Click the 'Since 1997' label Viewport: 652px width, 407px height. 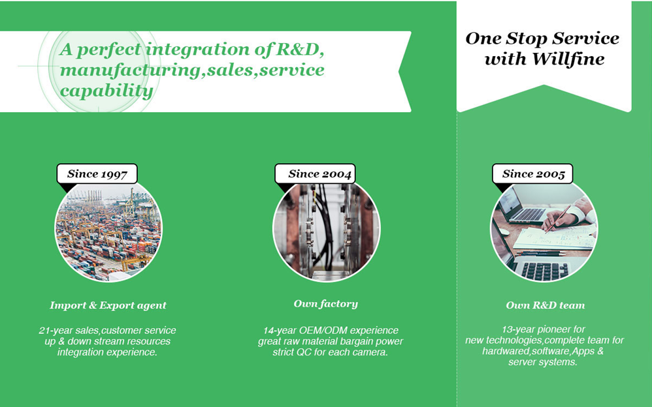(97, 173)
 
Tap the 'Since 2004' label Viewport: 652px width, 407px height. (315, 173)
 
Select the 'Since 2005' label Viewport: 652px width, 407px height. (532, 173)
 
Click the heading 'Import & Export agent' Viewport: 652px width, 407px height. (108, 305)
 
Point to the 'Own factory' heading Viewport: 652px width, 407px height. (325, 304)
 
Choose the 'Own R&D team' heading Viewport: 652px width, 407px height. (545, 305)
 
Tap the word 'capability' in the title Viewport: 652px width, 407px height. (106, 91)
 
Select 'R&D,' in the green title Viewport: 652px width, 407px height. (300, 49)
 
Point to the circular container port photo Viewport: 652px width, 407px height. (108, 232)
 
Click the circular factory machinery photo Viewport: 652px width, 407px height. (327, 232)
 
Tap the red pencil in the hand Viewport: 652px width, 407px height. (558, 219)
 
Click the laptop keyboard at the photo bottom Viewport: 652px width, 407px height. (545, 271)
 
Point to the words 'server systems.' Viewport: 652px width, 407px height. (543, 362)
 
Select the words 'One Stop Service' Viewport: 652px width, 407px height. (542, 38)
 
